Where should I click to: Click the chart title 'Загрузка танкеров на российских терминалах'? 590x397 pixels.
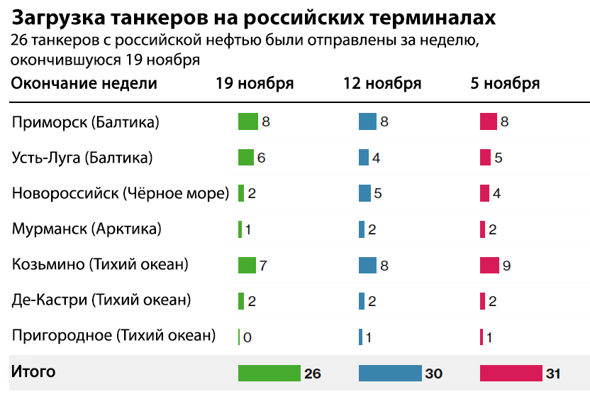[253, 17]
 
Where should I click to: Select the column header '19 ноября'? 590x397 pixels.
[255, 83]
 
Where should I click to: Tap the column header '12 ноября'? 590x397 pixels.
[382, 83]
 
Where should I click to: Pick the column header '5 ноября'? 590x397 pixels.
[505, 83]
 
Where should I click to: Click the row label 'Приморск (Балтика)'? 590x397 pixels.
[85, 122]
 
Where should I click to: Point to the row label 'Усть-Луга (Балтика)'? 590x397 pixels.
[82, 158]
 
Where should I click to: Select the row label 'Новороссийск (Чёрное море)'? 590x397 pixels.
[121, 193]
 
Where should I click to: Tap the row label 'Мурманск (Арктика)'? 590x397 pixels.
[87, 229]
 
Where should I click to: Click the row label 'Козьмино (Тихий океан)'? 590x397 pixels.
[101, 264]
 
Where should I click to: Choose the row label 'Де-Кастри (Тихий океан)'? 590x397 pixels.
[101, 300]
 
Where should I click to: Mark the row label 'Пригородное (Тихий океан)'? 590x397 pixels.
[113, 335]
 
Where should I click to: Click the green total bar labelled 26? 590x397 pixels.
[269, 373]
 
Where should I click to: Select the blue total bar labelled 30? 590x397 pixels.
[390, 373]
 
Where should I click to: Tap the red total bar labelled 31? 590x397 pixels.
[511, 373]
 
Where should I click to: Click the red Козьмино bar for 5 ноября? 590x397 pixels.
[489, 265]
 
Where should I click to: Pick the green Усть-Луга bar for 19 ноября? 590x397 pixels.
[246, 158]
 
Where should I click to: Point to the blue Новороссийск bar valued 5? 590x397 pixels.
[365, 193]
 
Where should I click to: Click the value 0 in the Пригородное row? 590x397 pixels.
[247, 337]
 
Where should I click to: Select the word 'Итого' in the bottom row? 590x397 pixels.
[33, 371]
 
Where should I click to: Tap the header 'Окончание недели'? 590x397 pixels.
[84, 83]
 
